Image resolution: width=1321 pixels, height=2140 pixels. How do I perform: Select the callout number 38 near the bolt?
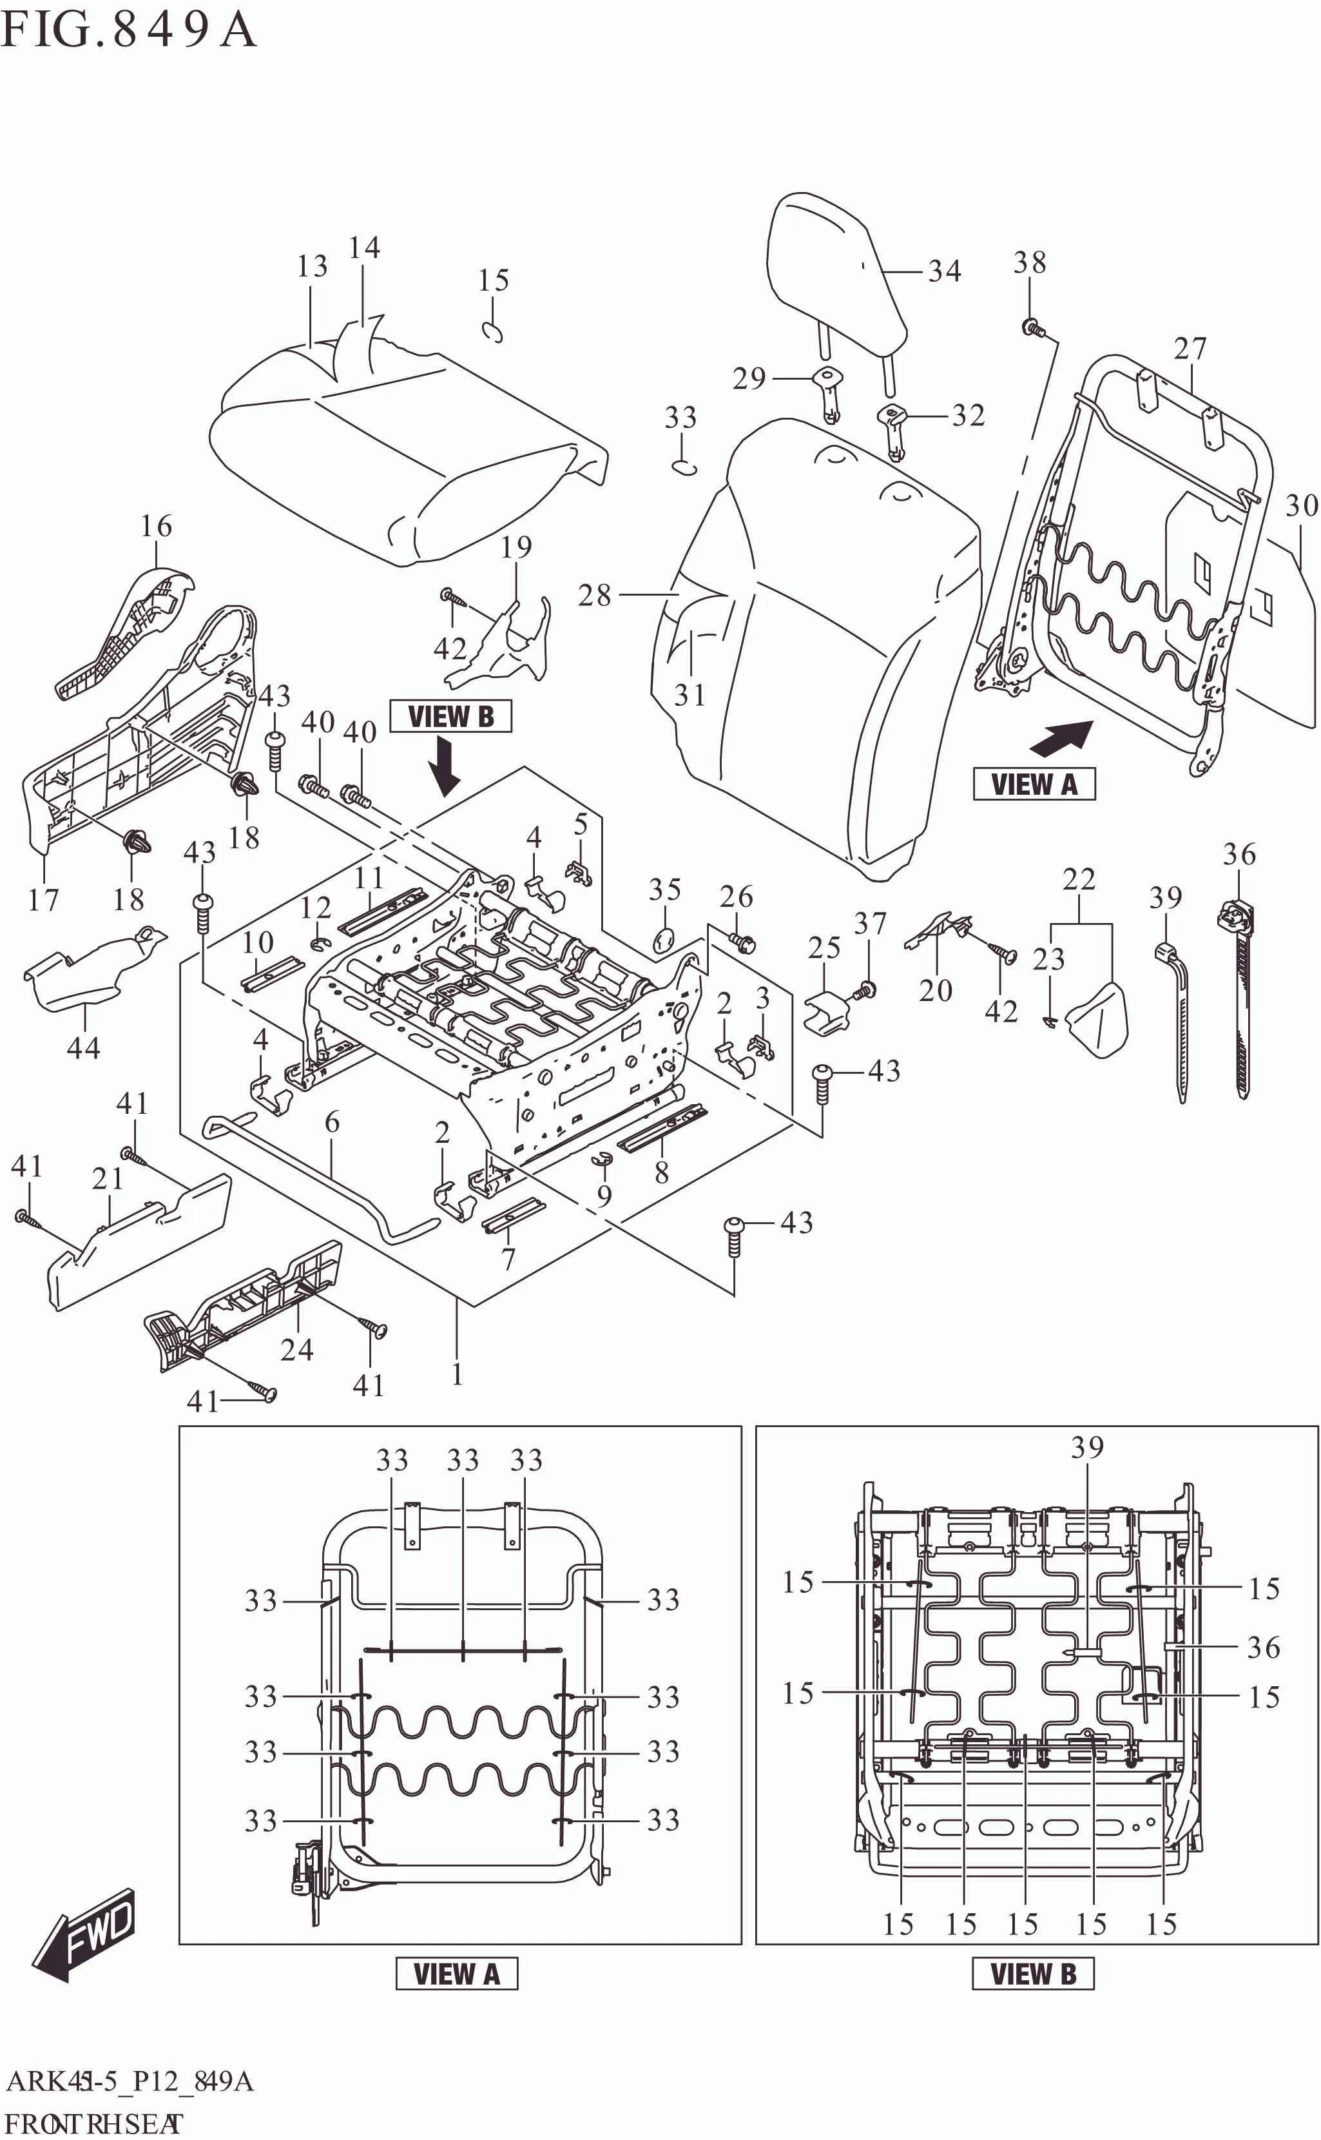tap(1029, 262)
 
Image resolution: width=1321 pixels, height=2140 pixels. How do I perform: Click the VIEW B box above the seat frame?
tap(450, 717)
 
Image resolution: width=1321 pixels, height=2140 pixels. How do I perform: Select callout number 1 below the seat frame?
tap(456, 1374)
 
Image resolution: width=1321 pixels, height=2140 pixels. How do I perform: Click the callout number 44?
tap(84, 1047)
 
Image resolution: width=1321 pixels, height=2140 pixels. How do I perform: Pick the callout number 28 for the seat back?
tap(594, 595)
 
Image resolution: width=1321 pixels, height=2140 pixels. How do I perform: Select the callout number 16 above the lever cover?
tap(157, 526)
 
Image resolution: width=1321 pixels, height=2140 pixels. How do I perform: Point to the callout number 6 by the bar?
tap(332, 1122)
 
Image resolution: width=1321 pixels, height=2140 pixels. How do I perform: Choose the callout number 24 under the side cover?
tap(296, 1349)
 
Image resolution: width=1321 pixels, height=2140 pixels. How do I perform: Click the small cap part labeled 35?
tap(664, 940)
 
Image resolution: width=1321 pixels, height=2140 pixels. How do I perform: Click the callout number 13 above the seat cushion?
tap(312, 266)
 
